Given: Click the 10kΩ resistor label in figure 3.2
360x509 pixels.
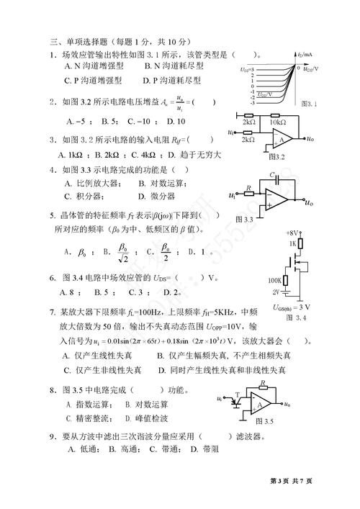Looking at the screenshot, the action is [277, 122].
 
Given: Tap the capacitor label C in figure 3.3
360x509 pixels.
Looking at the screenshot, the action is [271, 175].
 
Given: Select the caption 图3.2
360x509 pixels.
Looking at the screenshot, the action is [276, 155].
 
